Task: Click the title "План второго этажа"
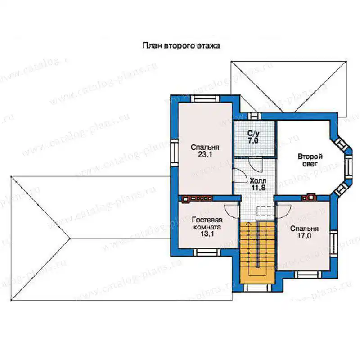tap(181, 46)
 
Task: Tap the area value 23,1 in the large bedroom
tap(205, 154)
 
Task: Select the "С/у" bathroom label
tap(253, 133)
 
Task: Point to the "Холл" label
tap(258, 180)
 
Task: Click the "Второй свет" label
tap(310, 160)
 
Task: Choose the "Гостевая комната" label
tap(207, 223)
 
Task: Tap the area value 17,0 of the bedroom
tap(304, 235)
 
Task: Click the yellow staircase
tap(257, 252)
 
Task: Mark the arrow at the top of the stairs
tap(249, 224)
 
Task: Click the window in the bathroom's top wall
tap(254, 116)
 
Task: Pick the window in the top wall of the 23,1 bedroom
tap(206, 99)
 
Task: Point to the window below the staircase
tap(257, 288)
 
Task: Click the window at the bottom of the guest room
tap(207, 252)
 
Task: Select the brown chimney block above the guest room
tap(197, 199)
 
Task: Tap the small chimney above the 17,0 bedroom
tap(309, 197)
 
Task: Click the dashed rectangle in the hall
tap(265, 211)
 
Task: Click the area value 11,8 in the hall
tap(258, 188)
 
